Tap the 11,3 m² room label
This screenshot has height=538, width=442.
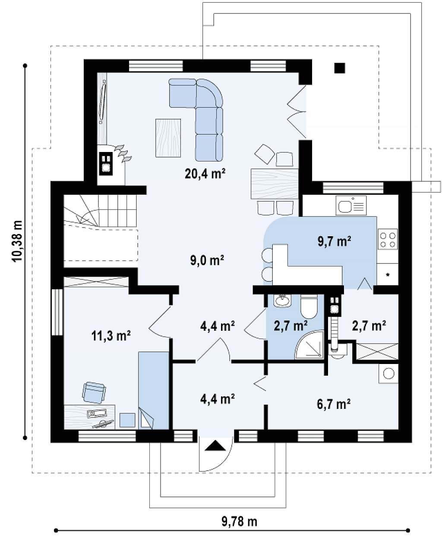pos(111,336)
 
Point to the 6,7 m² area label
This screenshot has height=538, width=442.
pos(334,404)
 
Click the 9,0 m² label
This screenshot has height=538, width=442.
pos(207,260)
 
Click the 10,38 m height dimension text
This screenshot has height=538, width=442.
pos(17,241)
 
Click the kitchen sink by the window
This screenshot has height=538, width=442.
pos(351,206)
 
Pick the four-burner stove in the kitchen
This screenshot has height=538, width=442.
pos(388,239)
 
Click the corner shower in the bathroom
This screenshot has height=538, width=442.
pos(309,345)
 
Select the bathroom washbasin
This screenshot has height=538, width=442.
pos(282,300)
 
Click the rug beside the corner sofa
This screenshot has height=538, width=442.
pos(168,138)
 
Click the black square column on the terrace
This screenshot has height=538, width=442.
pos(339,68)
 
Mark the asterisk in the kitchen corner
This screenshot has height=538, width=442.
pos(388,275)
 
